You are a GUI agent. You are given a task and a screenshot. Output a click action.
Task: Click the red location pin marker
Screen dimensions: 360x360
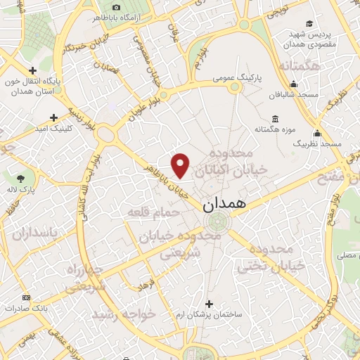tap(181, 165)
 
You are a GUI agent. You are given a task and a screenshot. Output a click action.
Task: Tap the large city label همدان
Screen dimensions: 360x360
tap(224, 205)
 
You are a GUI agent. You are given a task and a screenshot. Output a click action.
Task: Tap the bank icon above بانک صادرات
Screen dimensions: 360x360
tap(27, 297)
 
